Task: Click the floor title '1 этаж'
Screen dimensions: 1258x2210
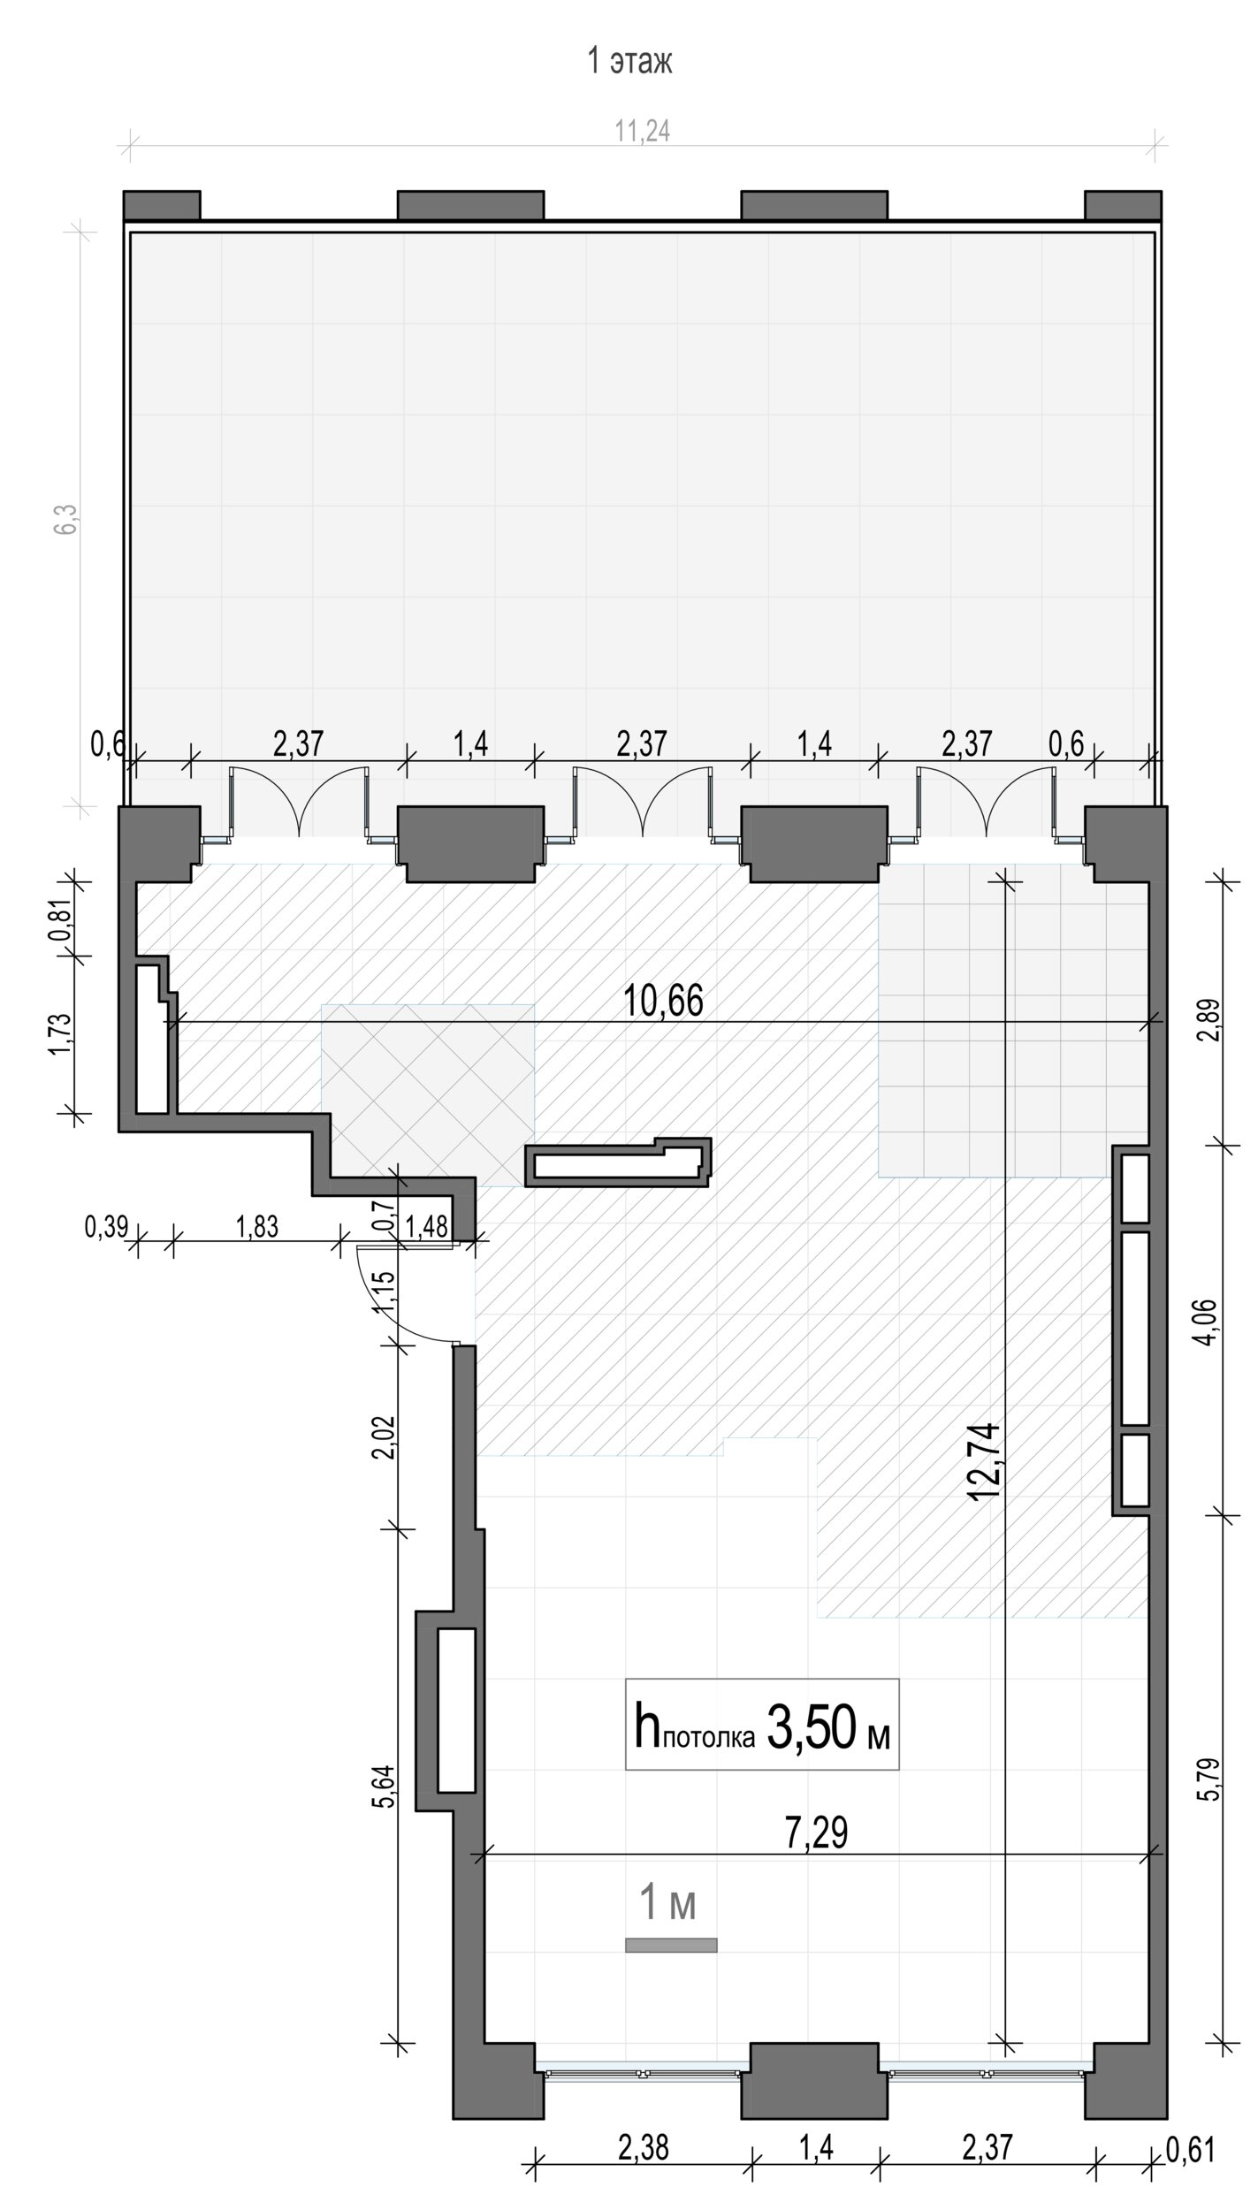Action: [629, 62]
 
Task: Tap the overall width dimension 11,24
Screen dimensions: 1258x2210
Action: [643, 131]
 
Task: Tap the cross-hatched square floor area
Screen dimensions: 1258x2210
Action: [428, 1094]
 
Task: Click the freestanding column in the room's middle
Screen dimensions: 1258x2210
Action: [618, 1162]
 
